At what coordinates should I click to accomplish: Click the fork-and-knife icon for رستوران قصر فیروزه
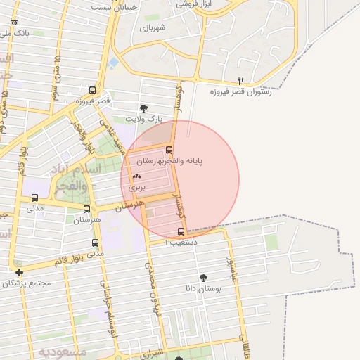coord(240,80)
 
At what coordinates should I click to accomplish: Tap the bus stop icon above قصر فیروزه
coord(93,90)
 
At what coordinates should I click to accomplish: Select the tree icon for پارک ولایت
coord(144,108)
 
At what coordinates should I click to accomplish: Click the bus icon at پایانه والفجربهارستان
coord(169,149)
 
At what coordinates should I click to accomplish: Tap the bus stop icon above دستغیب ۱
coord(181,231)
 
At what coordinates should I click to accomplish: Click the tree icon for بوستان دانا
coord(204,278)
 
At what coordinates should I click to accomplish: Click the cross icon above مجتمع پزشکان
coord(19,272)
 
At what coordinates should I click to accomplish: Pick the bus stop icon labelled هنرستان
coord(86,209)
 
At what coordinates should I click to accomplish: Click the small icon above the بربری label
coord(136,176)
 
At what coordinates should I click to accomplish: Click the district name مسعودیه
coord(63,350)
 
